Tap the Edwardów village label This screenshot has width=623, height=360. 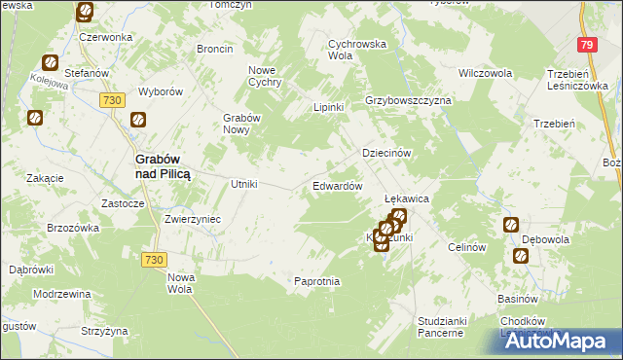(338, 186)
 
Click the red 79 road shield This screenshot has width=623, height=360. (585, 45)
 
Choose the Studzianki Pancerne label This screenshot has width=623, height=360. (439, 326)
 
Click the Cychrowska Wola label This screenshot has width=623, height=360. (357, 50)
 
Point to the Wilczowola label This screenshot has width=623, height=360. (485, 73)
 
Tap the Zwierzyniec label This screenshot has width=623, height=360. (193, 220)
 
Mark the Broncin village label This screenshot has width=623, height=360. (214, 49)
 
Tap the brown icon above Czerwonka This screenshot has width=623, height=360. (85, 13)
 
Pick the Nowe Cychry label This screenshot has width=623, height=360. (265, 76)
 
